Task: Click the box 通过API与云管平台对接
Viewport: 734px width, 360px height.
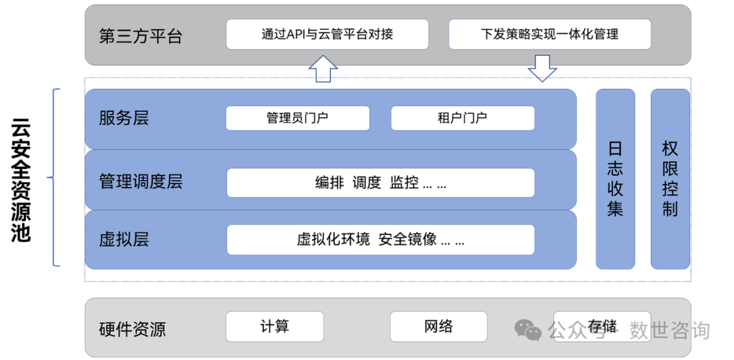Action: (327, 34)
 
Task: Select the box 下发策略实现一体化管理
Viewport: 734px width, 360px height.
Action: (549, 34)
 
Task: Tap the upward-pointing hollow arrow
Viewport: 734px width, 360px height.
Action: (323, 69)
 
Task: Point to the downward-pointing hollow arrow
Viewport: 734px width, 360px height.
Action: (542, 69)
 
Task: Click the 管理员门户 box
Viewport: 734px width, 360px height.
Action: (298, 118)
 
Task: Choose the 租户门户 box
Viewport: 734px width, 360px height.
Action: (462, 118)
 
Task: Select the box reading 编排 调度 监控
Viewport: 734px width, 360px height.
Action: (380, 183)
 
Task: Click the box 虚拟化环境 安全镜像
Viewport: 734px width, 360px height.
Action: (380, 240)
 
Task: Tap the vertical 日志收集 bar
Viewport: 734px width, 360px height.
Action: (615, 179)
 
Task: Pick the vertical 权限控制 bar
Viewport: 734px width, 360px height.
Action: (670, 179)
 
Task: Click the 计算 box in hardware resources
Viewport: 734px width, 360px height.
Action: (275, 327)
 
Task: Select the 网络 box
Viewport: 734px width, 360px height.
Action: (438, 327)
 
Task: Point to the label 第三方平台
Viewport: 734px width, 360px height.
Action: (141, 36)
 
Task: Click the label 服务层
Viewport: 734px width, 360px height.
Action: (124, 118)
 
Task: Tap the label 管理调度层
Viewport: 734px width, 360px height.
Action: (141, 182)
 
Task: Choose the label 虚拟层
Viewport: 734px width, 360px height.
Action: (124, 239)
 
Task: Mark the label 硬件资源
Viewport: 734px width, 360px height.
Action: (133, 330)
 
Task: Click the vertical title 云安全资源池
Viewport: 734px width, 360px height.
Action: (22, 180)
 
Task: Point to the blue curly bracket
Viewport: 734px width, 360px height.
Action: (54, 178)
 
